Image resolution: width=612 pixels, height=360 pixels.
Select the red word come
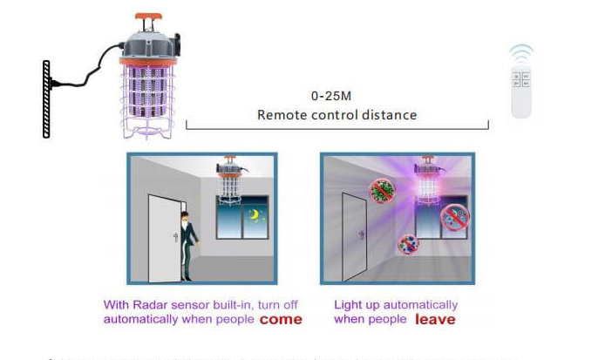282,320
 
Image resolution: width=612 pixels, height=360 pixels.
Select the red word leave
434,320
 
